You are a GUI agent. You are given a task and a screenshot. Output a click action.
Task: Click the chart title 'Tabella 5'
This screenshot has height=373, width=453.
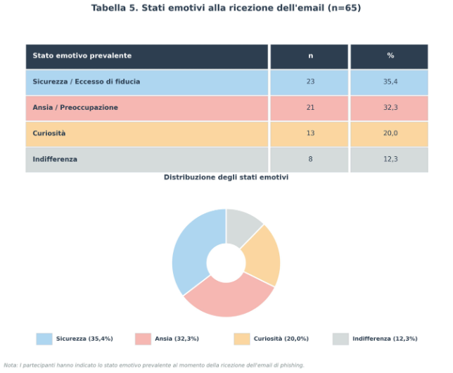[115, 8]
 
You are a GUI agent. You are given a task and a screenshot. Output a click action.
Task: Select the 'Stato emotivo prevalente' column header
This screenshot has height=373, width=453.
[82, 56]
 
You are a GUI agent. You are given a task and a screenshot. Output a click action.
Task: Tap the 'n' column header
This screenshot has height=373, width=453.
[311, 56]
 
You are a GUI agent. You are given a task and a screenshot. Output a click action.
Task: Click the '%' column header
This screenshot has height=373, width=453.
[390, 56]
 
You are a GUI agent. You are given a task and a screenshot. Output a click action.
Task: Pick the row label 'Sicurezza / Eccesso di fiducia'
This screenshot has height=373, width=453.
[87, 82]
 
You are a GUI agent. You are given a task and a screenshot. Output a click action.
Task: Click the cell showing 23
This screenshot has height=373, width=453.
[311, 82]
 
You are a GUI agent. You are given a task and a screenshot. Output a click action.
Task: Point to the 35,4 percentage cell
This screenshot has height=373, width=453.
[390, 82]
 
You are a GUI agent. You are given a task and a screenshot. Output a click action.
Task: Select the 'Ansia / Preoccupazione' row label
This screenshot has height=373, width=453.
[75, 108]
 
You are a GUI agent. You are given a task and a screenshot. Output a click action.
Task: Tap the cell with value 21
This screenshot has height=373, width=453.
[311, 108]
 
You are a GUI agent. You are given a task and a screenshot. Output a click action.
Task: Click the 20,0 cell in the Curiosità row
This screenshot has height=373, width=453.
[390, 133]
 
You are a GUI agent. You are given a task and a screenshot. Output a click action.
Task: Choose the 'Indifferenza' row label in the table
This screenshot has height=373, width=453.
[55, 159]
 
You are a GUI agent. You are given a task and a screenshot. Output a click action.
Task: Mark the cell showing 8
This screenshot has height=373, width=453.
[311, 159]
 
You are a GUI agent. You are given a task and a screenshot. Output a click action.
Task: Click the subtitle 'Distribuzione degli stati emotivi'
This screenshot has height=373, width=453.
[226, 177]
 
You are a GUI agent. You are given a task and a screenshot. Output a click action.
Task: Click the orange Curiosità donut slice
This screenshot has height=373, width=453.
[263, 256]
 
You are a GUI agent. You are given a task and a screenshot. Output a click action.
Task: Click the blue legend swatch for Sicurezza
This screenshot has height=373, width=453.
[44, 339]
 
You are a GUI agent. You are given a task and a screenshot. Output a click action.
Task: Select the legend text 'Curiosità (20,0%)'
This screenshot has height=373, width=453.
[281, 339]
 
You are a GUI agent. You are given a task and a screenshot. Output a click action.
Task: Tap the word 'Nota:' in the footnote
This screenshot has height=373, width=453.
[11, 365]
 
